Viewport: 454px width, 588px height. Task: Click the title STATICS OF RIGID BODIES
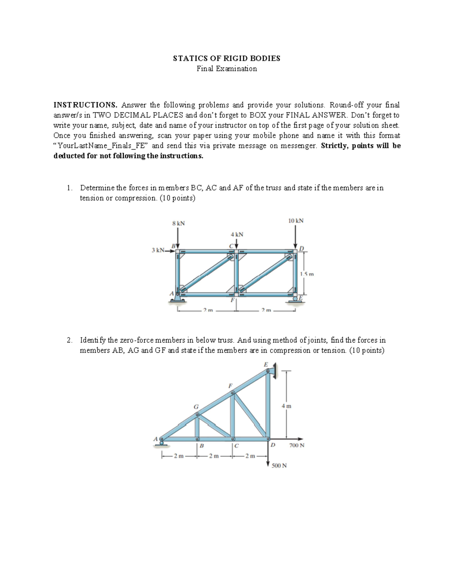[227, 58]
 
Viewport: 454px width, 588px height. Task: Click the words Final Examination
[227, 69]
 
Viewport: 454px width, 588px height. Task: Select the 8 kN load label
[178, 223]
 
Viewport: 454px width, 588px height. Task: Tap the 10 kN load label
[296, 220]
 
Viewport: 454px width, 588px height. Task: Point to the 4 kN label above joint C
[237, 234]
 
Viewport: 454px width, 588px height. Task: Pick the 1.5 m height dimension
[306, 274]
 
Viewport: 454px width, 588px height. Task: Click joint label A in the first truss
[171, 293]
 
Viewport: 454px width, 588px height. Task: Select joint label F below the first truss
[232, 300]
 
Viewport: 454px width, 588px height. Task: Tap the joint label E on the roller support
[301, 298]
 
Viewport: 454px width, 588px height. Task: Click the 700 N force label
[297, 445]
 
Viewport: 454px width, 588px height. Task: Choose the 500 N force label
[279, 465]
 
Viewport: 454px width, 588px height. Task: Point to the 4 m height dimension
[286, 406]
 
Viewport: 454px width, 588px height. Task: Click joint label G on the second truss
[196, 406]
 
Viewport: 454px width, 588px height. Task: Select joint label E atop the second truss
[266, 364]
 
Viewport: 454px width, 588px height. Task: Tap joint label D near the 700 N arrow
[273, 445]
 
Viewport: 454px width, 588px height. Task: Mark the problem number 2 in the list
[68, 340]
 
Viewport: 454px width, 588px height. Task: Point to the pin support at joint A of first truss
[177, 299]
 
